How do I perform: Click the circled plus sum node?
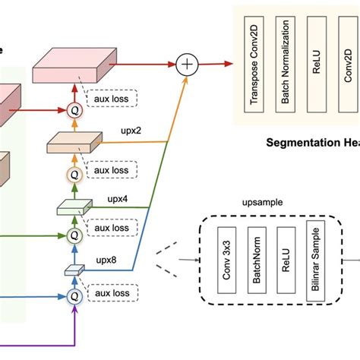tap(186, 65)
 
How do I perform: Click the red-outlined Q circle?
tap(74, 109)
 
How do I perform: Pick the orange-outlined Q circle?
tap(74, 174)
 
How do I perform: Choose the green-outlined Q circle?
tap(74, 235)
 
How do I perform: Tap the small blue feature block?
tap(74, 269)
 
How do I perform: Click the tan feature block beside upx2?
tap(74, 142)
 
